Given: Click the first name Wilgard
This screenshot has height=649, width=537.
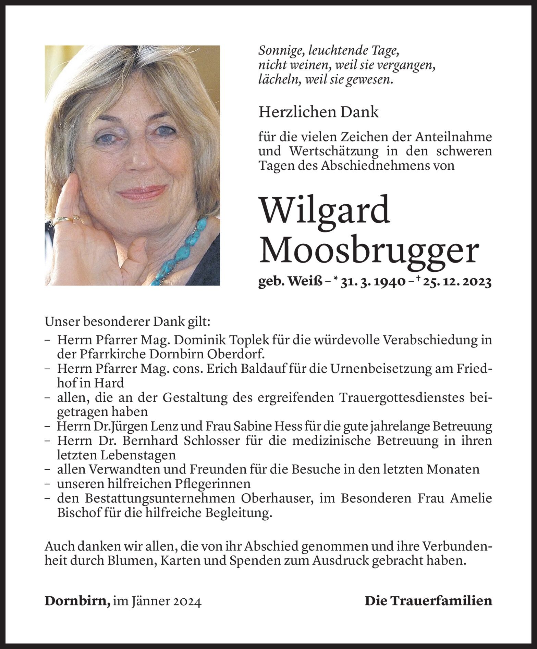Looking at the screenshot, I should (x=325, y=209).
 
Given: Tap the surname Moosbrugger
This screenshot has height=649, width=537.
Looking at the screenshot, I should (x=368, y=251).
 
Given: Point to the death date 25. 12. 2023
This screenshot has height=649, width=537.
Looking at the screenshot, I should (x=457, y=282).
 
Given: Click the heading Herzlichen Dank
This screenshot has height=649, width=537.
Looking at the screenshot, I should (x=318, y=112).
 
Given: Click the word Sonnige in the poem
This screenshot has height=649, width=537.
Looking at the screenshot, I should (x=281, y=51).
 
